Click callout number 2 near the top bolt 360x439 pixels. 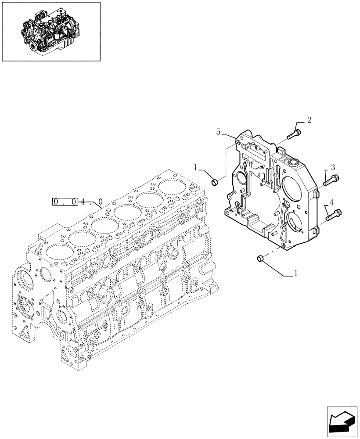point(309,120)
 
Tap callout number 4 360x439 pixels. point(332,203)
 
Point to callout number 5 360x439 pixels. point(218,131)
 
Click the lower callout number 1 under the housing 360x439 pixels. point(295,273)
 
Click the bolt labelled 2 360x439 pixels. point(294,134)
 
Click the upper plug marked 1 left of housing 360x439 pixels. point(215,181)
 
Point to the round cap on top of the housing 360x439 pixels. point(291,163)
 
